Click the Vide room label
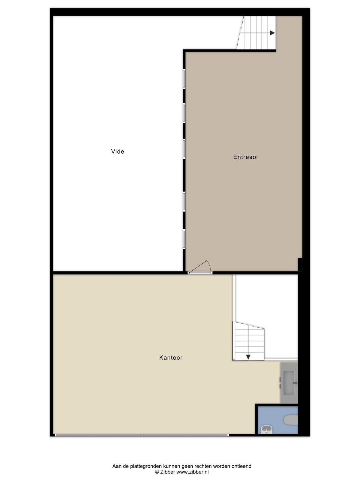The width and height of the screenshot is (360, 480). tap(117, 151)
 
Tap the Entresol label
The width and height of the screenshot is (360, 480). tap(245, 157)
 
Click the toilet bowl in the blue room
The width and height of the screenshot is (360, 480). tap(290, 420)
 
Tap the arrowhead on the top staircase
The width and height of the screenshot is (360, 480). tap(272, 33)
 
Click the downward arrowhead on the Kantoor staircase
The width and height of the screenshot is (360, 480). tap(248, 357)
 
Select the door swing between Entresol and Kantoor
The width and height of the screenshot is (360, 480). tap(200, 267)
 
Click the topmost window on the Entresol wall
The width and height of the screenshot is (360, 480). tap(184, 79)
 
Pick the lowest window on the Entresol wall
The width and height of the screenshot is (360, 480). tap(184, 239)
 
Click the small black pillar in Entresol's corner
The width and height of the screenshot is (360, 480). tap(300, 265)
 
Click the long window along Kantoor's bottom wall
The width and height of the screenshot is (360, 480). tap(142, 435)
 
